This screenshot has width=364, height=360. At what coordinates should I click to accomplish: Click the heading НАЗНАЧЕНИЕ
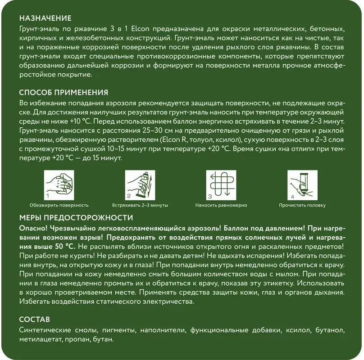pyautogui.click(x=45, y=18)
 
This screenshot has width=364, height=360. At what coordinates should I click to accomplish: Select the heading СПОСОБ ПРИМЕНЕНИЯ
pyautogui.click(x=64, y=93)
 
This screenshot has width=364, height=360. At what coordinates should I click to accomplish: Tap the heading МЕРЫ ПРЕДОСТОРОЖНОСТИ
pyautogui.click(x=76, y=218)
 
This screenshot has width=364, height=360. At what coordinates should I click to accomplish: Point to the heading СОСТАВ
pyautogui.click(x=35, y=319)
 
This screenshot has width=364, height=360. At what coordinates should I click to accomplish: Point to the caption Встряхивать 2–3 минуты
pyautogui.click(x=140, y=205)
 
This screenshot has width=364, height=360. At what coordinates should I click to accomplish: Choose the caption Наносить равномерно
pyautogui.click(x=221, y=205)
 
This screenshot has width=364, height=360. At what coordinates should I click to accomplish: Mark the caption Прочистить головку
pyautogui.click(x=302, y=205)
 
